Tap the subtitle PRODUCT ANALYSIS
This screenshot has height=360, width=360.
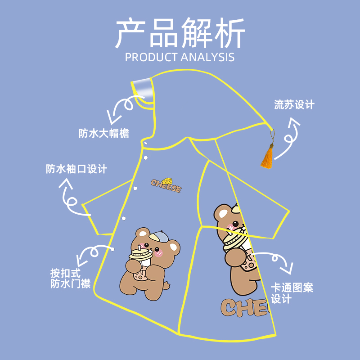pos(180,57)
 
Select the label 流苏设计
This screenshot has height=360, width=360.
pos(294,105)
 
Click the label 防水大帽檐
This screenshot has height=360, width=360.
pos(104,133)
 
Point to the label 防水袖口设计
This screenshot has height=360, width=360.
pos(76,169)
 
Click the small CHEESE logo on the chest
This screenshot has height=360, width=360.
pos(166,186)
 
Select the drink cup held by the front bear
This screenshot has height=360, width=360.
pos(139,263)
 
